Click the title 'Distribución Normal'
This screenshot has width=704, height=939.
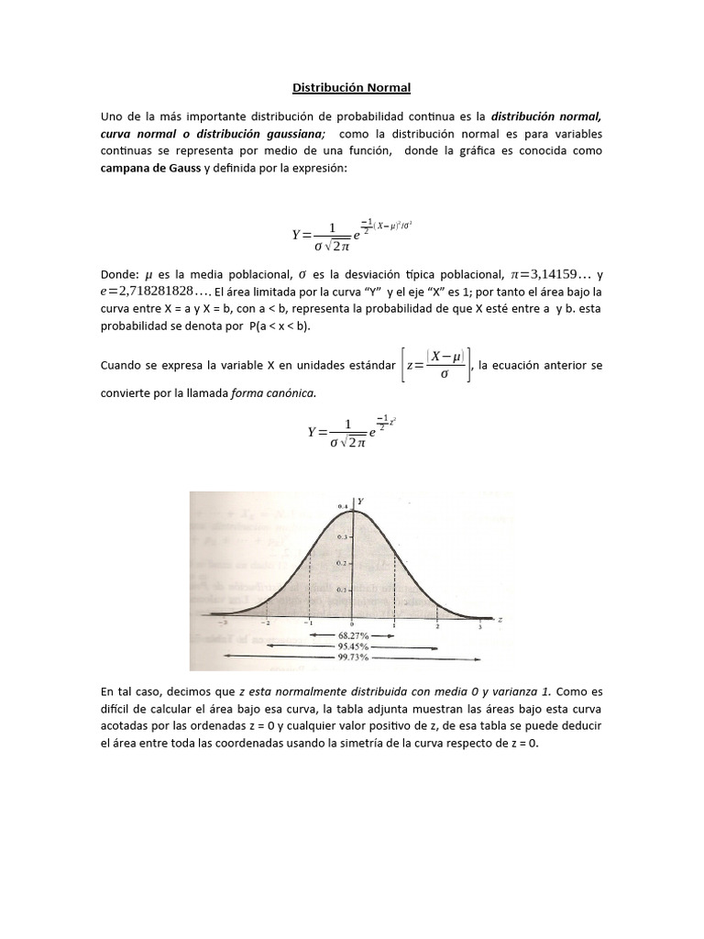pyautogui.click(x=352, y=88)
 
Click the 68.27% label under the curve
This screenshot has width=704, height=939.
pyautogui.click(x=352, y=634)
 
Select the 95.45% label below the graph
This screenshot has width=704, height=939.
pyautogui.click(x=352, y=646)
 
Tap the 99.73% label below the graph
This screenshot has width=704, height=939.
pyautogui.click(x=352, y=657)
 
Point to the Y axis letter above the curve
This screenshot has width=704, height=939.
pyautogui.click(x=361, y=501)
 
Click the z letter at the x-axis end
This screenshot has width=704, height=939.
pyautogui.click(x=500, y=620)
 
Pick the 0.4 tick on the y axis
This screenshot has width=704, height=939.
pyautogui.click(x=342, y=507)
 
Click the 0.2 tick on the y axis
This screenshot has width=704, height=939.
pyautogui.click(x=342, y=562)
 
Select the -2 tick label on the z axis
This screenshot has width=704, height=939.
pyautogui.click(x=265, y=624)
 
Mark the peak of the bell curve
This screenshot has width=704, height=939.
pyautogui.click(x=352, y=510)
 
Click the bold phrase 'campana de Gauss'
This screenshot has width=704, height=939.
pyautogui.click(x=150, y=168)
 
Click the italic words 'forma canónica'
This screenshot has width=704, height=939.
pyautogui.click(x=274, y=392)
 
